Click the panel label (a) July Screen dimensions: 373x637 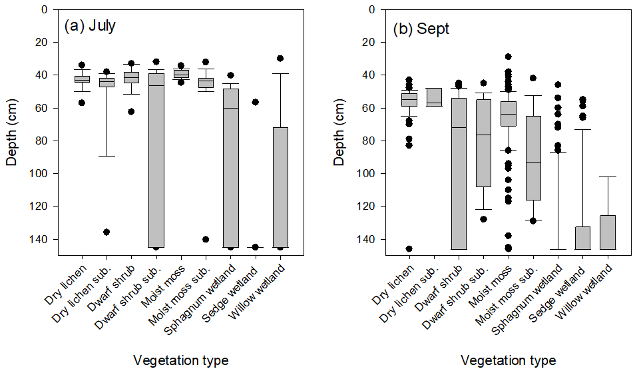coord(90,27)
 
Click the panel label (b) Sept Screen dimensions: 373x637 coord(422,30)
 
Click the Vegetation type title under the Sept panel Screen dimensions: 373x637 coord(508,361)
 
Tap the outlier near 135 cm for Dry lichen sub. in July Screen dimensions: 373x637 coord(106,232)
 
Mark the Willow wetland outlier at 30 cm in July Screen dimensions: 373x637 coord(280,59)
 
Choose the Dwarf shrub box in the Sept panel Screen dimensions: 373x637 coord(459,173)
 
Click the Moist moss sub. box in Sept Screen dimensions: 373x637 coord(533,158)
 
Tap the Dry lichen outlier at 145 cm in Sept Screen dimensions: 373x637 coord(409,248)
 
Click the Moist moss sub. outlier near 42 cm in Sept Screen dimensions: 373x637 coord(533,78)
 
